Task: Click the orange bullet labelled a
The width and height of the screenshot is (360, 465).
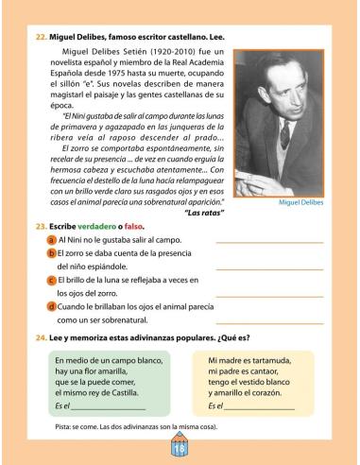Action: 51,242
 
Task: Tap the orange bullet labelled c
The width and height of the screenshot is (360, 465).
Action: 51,282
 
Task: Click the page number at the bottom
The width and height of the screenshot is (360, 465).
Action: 180,449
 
